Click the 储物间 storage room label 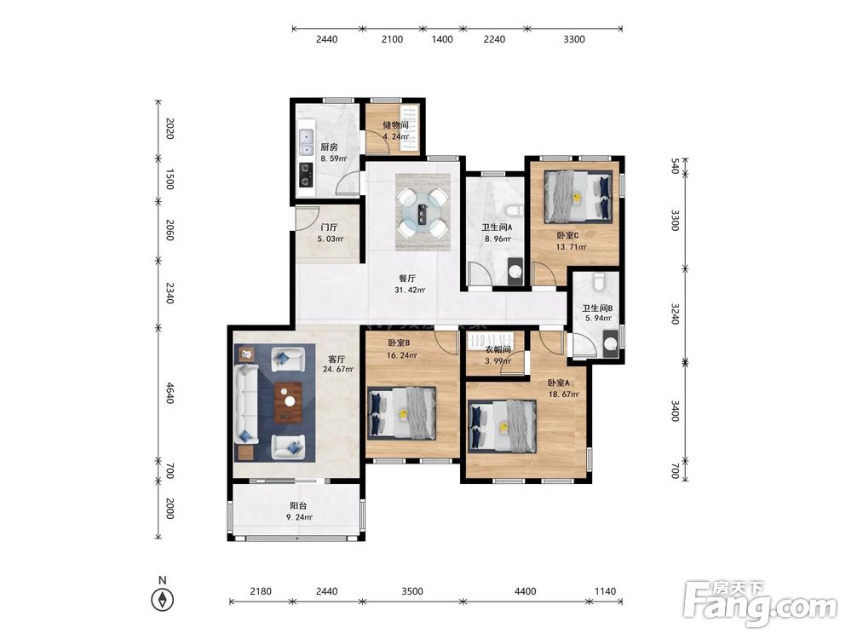point(395,125)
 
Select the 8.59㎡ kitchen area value point(333,158)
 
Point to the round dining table point(423,212)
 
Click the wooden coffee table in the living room point(289,403)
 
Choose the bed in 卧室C point(579,196)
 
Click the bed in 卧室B point(401,413)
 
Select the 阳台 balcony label point(298,506)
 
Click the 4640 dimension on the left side point(170,393)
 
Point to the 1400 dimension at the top point(441,39)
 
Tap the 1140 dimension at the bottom point(605,591)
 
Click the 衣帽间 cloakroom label point(498,350)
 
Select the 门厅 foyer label point(329,227)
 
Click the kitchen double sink point(307,142)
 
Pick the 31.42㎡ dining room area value point(410,291)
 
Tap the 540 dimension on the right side point(675,166)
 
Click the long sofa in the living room point(246,404)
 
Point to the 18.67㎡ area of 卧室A point(563,394)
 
